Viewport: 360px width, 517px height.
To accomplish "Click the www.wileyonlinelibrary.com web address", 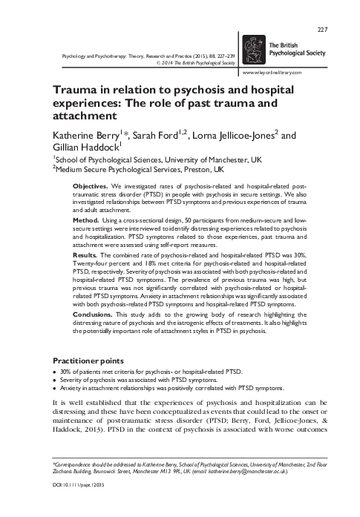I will click(278, 74).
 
